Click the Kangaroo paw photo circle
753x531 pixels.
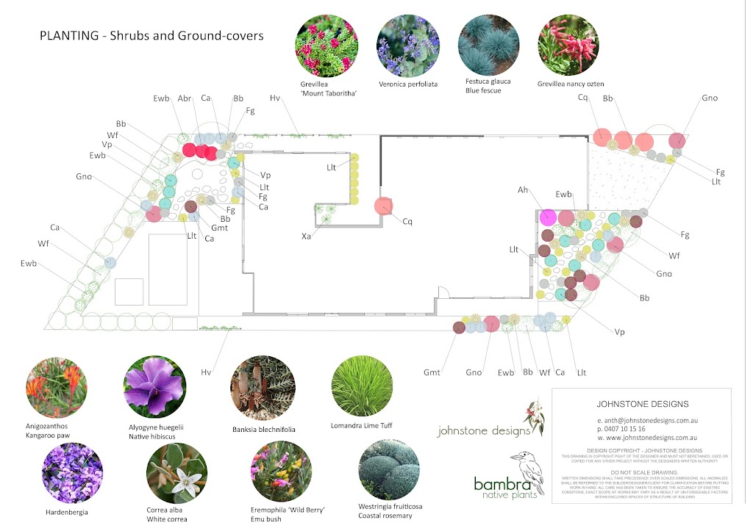coord(57,387)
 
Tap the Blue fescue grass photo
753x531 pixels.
coord(489,46)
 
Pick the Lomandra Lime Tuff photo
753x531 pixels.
coord(363,387)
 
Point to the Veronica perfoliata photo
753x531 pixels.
coord(408,46)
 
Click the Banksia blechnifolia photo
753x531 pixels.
coord(263,387)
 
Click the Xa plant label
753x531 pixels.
coord(306,237)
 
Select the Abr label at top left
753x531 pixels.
coord(185,98)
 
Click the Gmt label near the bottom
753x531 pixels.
coord(432,372)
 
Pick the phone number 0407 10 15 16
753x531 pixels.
coord(626,428)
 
